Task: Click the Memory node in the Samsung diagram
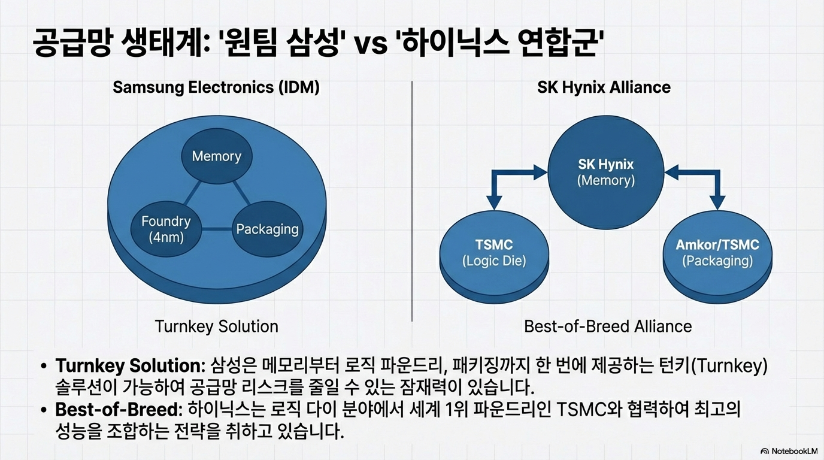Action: tap(216, 156)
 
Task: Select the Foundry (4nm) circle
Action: tap(166, 229)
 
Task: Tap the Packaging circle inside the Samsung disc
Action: tap(267, 229)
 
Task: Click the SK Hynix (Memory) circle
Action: tap(605, 172)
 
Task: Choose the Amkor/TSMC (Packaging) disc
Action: tap(717, 253)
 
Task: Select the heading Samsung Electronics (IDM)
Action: tap(216, 87)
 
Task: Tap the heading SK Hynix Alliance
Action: tap(604, 87)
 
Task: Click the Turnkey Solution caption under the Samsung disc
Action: tap(216, 326)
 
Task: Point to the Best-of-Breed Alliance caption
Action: tap(608, 326)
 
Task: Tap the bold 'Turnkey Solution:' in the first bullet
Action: tap(131, 365)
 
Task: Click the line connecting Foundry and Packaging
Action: tap(217, 229)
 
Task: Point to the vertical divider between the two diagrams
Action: tap(412, 201)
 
